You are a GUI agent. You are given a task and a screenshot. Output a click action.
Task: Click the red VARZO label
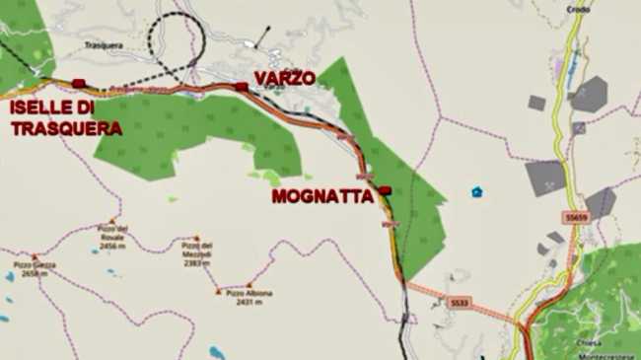(x=285, y=76)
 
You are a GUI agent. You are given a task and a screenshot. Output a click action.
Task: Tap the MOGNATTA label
(x=322, y=196)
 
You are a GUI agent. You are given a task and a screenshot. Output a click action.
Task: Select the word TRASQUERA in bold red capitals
(x=65, y=127)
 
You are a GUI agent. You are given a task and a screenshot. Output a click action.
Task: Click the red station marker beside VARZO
(x=242, y=87)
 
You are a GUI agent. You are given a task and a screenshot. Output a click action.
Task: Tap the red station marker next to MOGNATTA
(x=385, y=189)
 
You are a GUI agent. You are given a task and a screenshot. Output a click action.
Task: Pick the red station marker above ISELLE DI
(x=79, y=83)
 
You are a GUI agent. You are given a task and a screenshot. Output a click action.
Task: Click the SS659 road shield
(x=577, y=217)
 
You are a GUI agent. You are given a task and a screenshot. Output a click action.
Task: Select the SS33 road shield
(x=456, y=302)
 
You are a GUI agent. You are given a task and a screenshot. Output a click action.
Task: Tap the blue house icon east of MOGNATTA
(x=477, y=191)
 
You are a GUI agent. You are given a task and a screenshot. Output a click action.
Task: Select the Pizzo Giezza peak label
(x=35, y=264)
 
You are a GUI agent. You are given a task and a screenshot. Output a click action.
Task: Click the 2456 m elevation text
(x=111, y=246)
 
